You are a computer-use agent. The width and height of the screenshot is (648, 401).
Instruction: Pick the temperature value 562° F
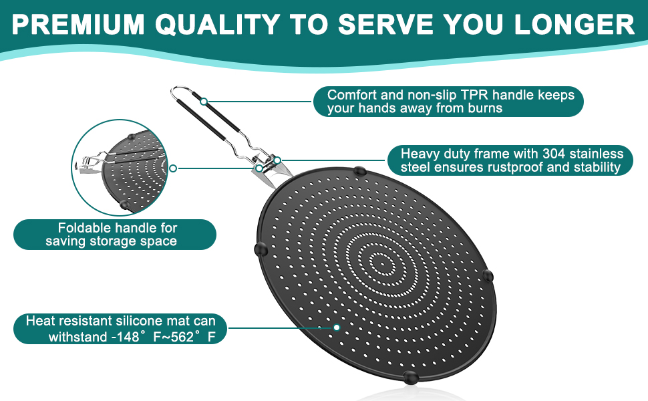(190, 337)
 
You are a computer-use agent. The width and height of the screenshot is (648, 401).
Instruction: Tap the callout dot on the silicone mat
(337, 327)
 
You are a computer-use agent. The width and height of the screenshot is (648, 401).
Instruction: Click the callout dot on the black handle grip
(204, 102)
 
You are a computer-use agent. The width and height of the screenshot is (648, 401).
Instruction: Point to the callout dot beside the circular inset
(173, 168)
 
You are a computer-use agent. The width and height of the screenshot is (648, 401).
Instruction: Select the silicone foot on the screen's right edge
(488, 275)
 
